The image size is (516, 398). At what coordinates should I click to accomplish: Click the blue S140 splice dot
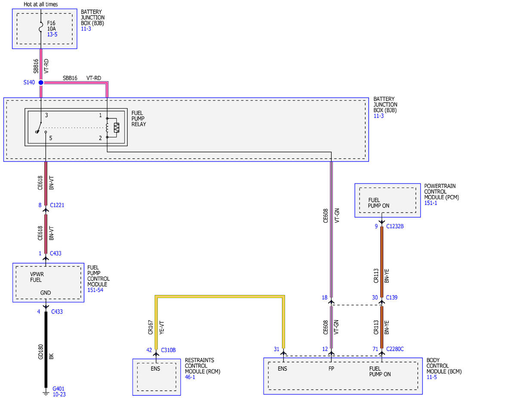41,82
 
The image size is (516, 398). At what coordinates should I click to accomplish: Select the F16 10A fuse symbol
41,27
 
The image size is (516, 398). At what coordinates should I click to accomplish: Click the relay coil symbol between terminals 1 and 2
107,128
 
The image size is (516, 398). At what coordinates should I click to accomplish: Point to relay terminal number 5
51,138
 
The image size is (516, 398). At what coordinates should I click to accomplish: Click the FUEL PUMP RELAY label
139,118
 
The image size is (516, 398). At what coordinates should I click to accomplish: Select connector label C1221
57,205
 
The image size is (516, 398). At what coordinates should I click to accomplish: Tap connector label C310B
168,350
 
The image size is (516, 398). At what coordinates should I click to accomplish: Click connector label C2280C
395,349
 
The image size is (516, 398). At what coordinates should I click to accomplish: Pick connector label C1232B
395,226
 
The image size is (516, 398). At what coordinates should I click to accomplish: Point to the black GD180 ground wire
46,349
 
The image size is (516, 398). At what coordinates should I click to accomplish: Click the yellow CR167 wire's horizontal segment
220,297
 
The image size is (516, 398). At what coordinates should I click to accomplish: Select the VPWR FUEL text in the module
37,277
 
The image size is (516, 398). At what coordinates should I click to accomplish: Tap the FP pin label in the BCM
331,369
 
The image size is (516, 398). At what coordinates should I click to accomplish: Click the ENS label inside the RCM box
155,369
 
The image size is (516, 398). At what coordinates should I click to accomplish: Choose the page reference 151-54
95,290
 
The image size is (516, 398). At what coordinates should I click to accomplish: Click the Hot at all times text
40,4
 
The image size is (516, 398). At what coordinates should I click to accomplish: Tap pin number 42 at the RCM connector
149,350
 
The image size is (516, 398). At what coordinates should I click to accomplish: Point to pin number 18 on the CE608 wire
325,298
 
